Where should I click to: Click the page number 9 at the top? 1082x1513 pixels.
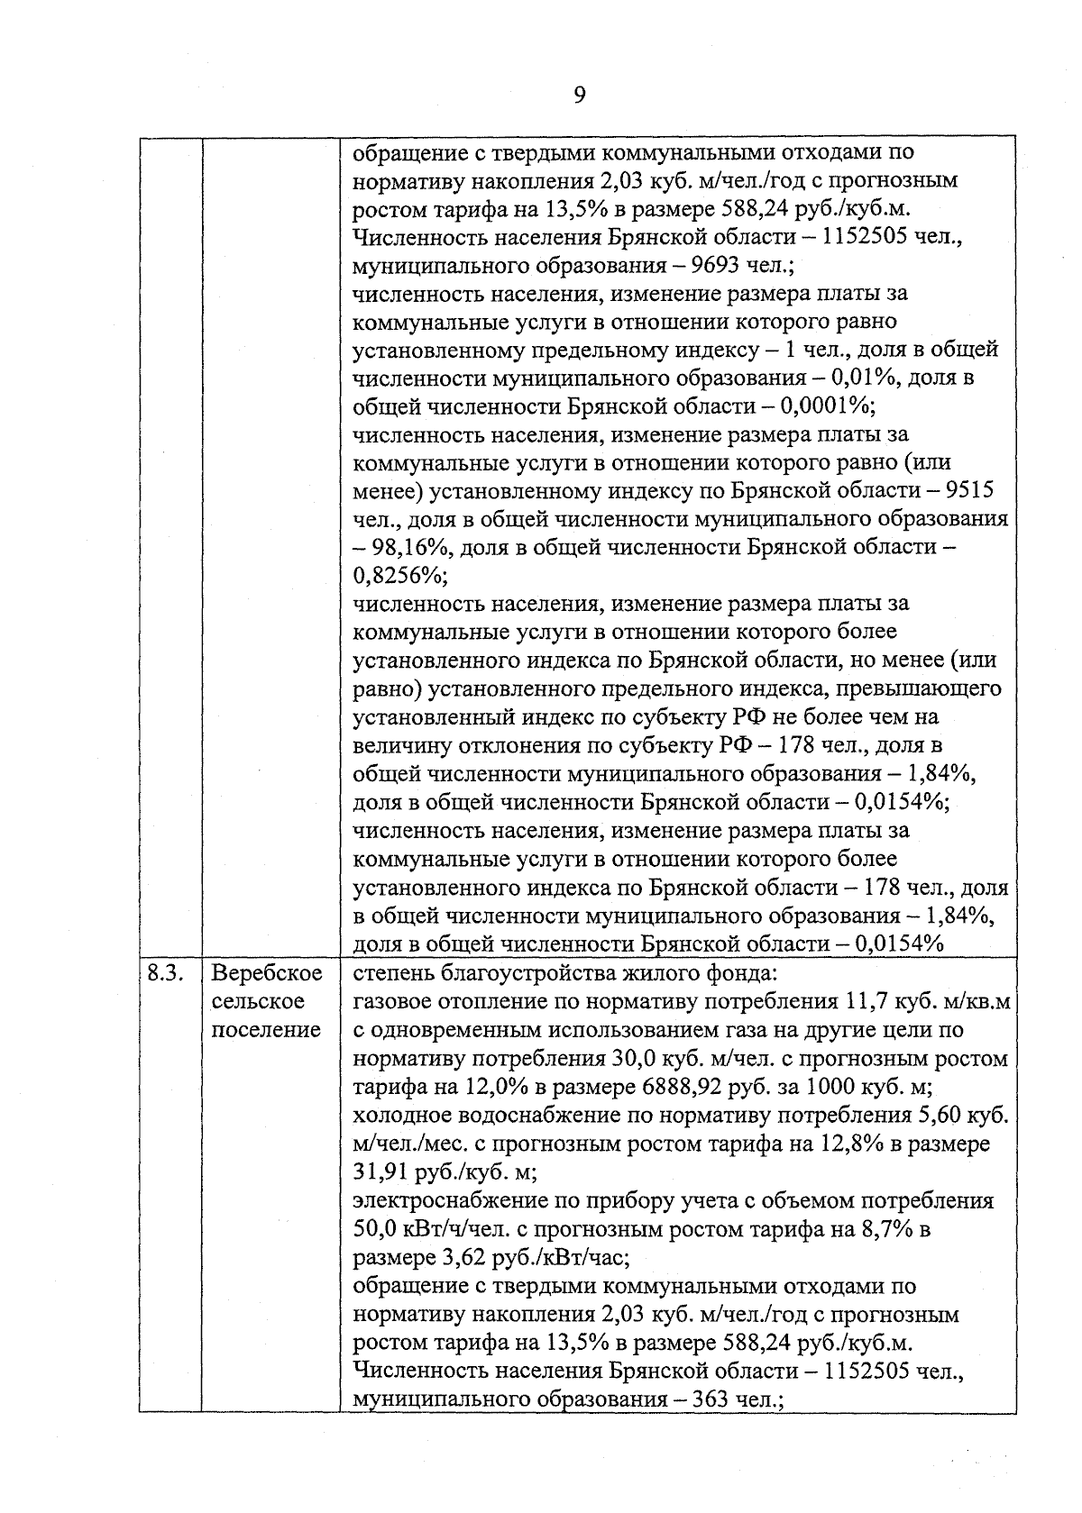tap(579, 95)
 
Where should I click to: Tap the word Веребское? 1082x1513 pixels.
tap(267, 973)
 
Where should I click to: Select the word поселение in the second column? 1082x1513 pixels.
tap(266, 1029)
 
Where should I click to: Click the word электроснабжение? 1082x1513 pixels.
tap(439, 1201)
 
